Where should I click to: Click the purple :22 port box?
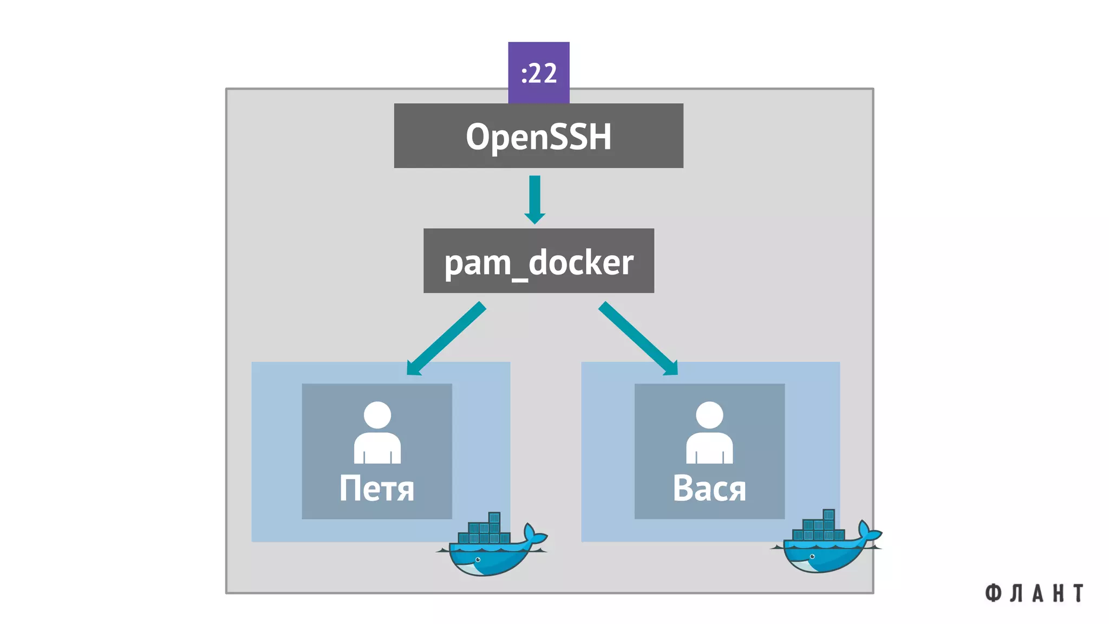[538, 72]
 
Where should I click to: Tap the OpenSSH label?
[538, 136]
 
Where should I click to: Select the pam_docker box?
[538, 261]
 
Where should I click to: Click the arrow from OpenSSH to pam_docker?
[534, 198]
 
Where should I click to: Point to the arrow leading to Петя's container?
[447, 338]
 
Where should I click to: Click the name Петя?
[376, 489]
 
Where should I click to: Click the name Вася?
[709, 489]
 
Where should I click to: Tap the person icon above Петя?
[377, 433]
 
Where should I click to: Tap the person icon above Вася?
[709, 433]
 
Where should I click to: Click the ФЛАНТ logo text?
[1034, 593]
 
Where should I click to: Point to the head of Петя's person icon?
[377, 415]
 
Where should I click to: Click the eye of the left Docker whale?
[478, 560]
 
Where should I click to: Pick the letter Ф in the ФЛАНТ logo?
[993, 593]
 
